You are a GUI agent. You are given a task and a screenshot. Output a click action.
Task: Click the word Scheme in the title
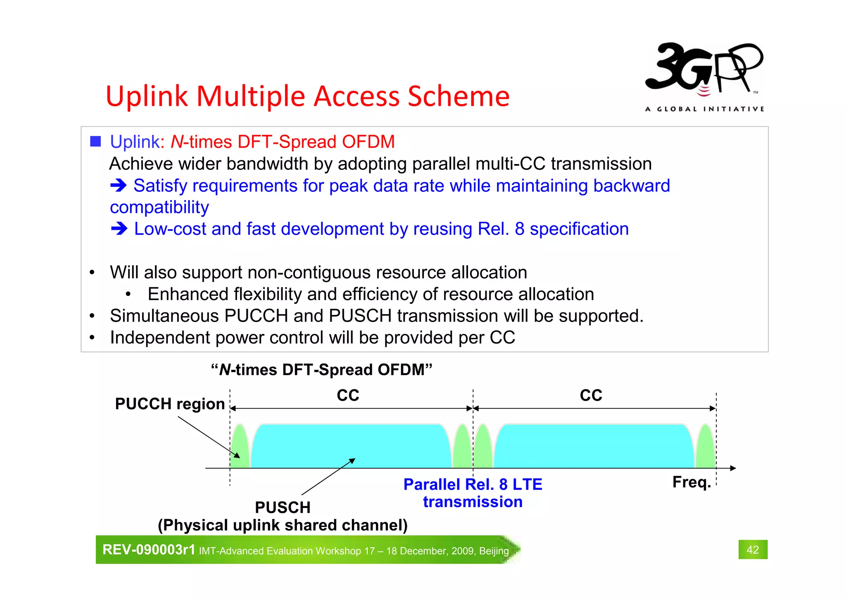tap(459, 96)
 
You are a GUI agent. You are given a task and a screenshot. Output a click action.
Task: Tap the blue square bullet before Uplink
tap(95, 142)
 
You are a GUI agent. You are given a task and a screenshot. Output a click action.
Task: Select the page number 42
tap(753, 550)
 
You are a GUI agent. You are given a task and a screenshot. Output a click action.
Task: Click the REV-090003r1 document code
tap(148, 550)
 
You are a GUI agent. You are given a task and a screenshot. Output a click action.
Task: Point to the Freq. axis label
tap(691, 482)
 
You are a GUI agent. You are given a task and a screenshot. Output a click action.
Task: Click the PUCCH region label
tap(169, 404)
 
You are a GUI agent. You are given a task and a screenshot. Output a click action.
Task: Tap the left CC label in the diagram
tap(348, 395)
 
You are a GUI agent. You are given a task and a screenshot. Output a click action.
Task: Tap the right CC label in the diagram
tap(591, 395)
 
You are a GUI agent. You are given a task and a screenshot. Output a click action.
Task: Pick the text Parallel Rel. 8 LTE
tap(473, 484)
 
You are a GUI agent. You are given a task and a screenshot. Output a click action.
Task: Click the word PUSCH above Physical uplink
tap(283, 507)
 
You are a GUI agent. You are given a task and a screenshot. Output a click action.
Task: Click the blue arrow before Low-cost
tap(119, 229)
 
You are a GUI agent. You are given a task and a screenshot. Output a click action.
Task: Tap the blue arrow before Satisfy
tap(119, 186)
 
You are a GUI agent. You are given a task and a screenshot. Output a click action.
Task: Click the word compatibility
tap(159, 207)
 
